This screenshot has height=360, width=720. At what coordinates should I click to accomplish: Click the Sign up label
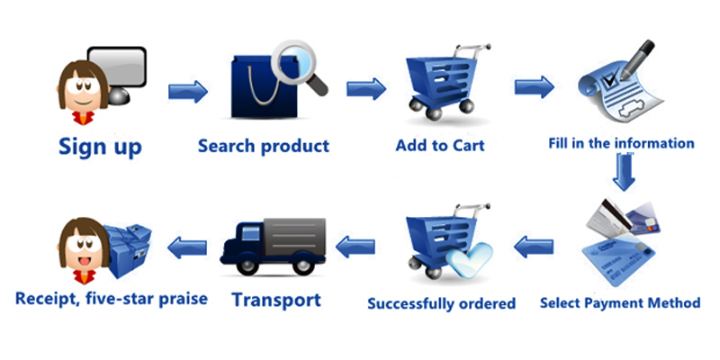[100, 145]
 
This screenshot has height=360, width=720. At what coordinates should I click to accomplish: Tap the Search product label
[264, 145]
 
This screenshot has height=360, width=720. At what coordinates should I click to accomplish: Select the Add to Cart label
[440, 144]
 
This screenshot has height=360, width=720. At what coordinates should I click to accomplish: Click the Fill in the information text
[622, 143]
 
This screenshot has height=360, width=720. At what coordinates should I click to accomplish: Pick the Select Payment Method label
[620, 302]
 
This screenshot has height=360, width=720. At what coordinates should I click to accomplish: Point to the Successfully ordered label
[441, 303]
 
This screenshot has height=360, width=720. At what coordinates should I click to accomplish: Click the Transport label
[276, 299]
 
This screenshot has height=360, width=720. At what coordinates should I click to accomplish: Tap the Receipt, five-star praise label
[112, 298]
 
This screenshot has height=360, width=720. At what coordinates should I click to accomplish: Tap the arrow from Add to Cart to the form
[534, 86]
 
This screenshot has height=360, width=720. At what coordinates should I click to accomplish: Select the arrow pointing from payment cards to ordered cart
[533, 241]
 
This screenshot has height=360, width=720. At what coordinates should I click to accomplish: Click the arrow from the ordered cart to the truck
[355, 242]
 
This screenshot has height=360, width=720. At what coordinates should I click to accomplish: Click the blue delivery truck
[271, 246]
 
